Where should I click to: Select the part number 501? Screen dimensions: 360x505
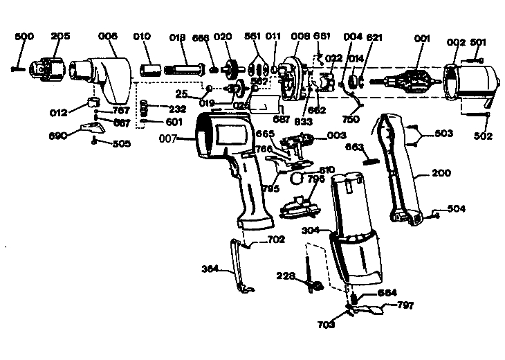478,42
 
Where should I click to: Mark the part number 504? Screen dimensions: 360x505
456,208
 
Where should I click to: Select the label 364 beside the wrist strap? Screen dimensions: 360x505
212,269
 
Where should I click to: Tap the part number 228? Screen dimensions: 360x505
288,276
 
